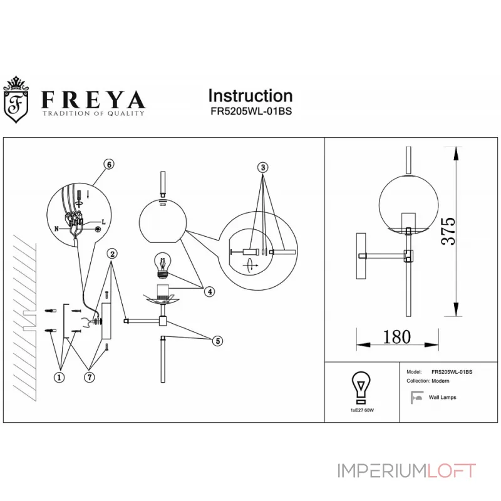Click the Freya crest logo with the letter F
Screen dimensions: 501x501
click(19, 99)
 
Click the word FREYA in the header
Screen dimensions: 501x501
click(93, 98)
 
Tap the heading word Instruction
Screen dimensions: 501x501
click(250, 96)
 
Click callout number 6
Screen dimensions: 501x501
click(109, 164)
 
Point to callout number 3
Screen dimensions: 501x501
click(263, 167)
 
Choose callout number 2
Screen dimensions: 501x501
click(111, 254)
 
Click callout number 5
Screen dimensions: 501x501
click(216, 341)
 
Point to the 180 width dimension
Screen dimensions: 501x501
click(396, 336)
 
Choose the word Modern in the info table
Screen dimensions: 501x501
click(438, 381)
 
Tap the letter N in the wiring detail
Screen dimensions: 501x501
click(57, 229)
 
